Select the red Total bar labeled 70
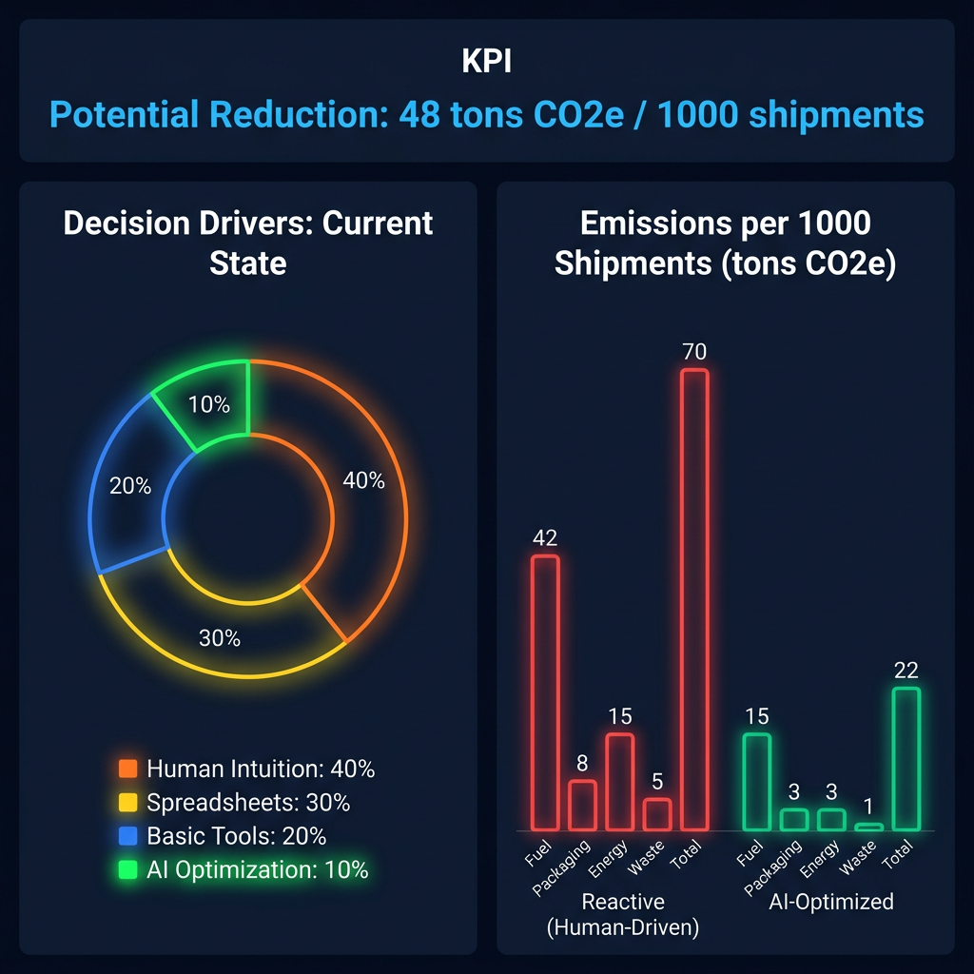(x=694, y=599)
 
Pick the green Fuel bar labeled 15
(x=756, y=782)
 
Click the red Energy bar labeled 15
(x=619, y=782)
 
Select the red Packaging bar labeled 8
(x=582, y=805)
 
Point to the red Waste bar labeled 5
(x=656, y=814)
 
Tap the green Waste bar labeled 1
(x=869, y=827)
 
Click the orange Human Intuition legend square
(x=129, y=769)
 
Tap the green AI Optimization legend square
(x=129, y=869)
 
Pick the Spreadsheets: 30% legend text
(x=248, y=803)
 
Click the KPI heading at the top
(x=486, y=62)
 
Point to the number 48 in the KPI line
(x=419, y=115)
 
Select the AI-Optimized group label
(x=830, y=902)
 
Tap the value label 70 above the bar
(x=694, y=352)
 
